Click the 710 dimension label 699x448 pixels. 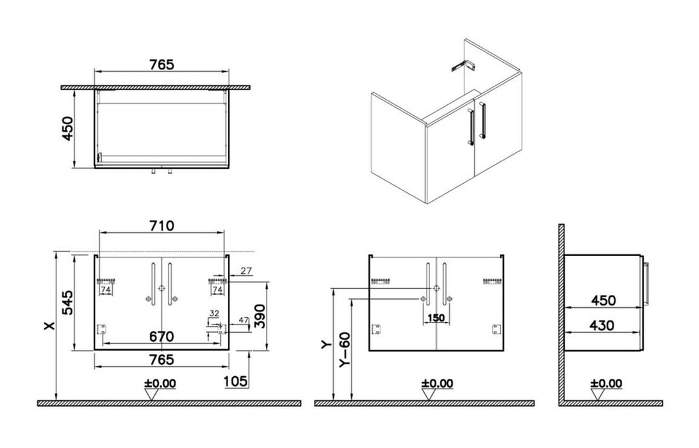tap(161, 225)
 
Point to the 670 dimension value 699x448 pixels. tap(161, 334)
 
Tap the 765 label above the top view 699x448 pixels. tap(161, 64)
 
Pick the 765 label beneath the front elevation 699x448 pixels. tap(161, 360)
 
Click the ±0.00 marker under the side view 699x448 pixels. tap(605, 383)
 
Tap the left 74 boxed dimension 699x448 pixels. tap(106, 290)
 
